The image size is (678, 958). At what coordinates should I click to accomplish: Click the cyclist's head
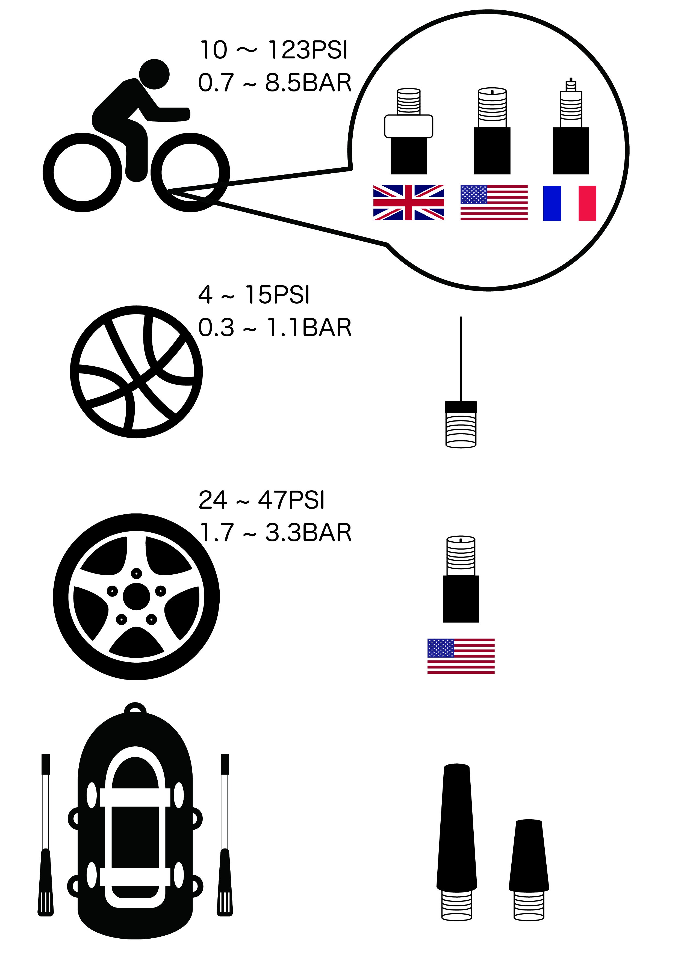tap(154, 74)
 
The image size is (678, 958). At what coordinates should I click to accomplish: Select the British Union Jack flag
tap(409, 203)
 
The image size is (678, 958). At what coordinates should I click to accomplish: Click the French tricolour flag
tap(570, 203)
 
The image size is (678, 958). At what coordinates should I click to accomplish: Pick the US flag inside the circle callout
tap(494, 203)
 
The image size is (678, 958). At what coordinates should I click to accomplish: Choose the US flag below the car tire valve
tap(461, 656)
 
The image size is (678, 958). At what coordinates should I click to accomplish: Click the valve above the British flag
tap(409, 131)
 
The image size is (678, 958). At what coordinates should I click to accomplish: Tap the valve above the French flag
tap(571, 126)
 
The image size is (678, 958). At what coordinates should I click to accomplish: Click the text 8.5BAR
tap(308, 83)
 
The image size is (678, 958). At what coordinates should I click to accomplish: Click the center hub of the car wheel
tap(136, 596)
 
